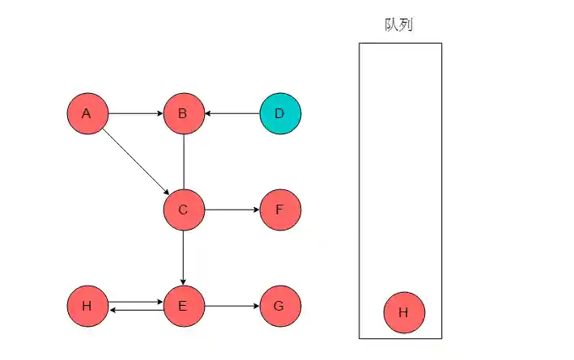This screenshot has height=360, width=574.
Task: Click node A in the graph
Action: click(x=87, y=113)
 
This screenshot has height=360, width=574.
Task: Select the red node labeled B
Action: click(x=184, y=113)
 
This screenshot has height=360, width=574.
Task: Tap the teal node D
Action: click(x=280, y=113)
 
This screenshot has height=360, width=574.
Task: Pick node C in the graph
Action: click(x=184, y=210)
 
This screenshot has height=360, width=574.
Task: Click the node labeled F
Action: click(x=280, y=210)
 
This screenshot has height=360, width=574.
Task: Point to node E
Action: click(x=184, y=306)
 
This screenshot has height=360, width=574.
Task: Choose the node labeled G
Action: click(x=280, y=306)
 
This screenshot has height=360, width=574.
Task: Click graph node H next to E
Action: click(x=87, y=306)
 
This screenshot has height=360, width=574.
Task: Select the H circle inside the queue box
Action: click(x=404, y=313)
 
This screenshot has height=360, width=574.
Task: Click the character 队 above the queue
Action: click(x=392, y=24)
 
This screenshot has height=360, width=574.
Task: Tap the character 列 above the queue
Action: click(x=406, y=24)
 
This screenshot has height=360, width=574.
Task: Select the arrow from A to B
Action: click(x=135, y=113)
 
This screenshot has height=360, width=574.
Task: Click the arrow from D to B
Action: click(x=232, y=113)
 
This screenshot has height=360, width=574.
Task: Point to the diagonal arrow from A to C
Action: click(x=135, y=162)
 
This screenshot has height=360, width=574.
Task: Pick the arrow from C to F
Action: click(x=232, y=210)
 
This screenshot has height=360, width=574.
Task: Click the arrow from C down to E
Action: click(x=184, y=257)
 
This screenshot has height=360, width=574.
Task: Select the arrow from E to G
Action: click(x=232, y=307)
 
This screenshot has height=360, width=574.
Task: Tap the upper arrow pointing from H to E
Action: click(x=135, y=302)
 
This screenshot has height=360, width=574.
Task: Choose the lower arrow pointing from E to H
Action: click(x=135, y=310)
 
